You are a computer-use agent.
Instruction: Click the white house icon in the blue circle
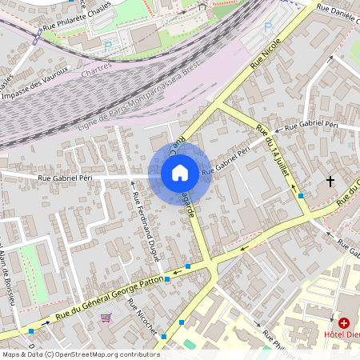(180, 172)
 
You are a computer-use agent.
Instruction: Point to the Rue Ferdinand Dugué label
(146, 227)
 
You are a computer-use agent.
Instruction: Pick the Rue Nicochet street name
(146, 319)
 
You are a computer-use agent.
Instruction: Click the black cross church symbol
(330, 182)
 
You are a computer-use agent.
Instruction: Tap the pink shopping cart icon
(106, 318)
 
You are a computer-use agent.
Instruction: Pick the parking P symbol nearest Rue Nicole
(268, 26)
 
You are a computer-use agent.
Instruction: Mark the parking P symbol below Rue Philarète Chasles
(108, 46)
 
